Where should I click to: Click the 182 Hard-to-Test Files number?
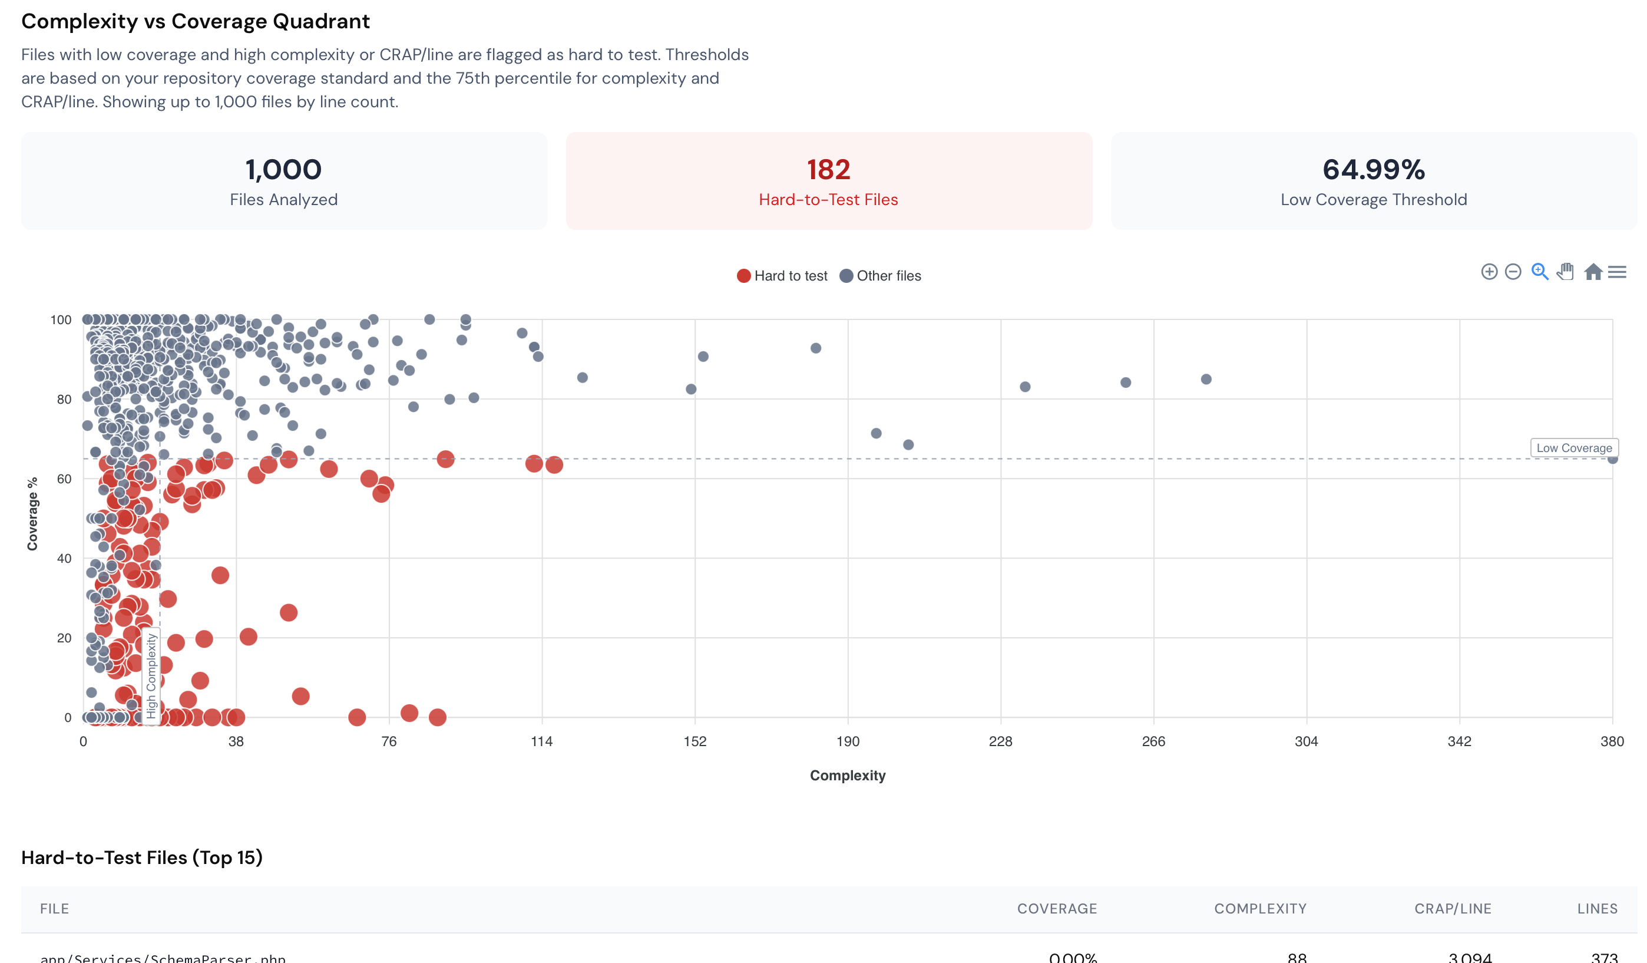pos(828,170)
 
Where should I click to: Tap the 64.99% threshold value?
pos(1373,170)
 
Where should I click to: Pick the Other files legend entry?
pos(881,276)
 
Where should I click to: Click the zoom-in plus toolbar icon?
pos(1489,272)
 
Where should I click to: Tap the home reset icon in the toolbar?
pos(1593,272)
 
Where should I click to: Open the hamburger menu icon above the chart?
pos(1617,272)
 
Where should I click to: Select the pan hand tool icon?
pos(1565,272)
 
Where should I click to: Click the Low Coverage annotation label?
pos(1574,448)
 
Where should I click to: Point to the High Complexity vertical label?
pos(151,675)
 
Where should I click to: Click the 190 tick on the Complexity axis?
pos(848,741)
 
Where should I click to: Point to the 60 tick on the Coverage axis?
pos(64,479)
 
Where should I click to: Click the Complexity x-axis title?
pos(848,776)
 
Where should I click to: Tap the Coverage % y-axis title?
pos(32,514)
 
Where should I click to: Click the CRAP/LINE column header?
pos(1453,909)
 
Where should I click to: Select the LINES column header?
pos(1598,909)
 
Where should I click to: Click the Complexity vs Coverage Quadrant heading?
pos(196,22)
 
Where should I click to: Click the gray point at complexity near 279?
pos(1206,379)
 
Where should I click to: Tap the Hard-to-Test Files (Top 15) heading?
pos(142,857)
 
